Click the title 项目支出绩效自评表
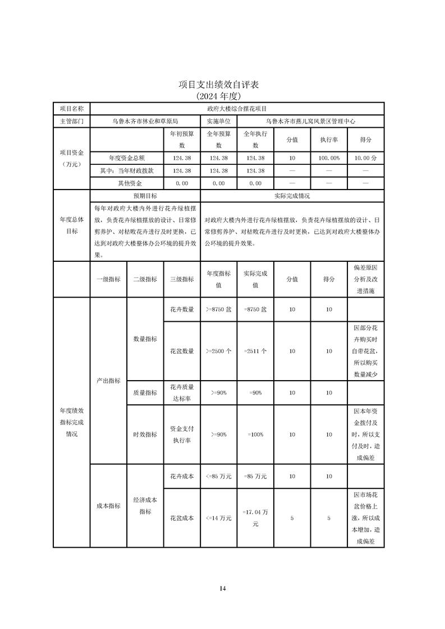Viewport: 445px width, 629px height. pos(222,85)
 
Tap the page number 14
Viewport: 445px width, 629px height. pos(223,588)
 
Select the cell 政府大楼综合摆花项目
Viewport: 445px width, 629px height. pos(236,108)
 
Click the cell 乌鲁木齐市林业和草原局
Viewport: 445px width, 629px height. pos(145,121)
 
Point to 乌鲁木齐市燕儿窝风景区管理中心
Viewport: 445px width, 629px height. pos(310,121)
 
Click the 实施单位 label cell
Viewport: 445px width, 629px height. pos(218,121)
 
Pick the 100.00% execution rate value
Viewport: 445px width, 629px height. pos(329,159)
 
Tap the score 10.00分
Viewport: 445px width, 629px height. pos(365,159)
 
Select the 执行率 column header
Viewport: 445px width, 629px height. pos(329,140)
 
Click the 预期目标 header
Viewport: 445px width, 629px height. pos(145,196)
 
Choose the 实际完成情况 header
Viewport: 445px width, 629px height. pos(292,196)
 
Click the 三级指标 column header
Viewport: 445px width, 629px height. pos(181,279)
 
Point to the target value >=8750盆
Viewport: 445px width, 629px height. pos(218,309)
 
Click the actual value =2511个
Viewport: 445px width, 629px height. pos(255,351)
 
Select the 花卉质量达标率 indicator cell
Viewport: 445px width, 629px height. pos(181,392)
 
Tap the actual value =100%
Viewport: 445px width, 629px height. pos(255,434)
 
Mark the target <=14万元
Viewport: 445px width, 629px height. pos(218,519)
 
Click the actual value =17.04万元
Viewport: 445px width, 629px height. pos(255,519)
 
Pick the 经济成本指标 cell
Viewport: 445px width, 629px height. pos(145,505)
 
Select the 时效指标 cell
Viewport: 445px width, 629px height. pos(145,434)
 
